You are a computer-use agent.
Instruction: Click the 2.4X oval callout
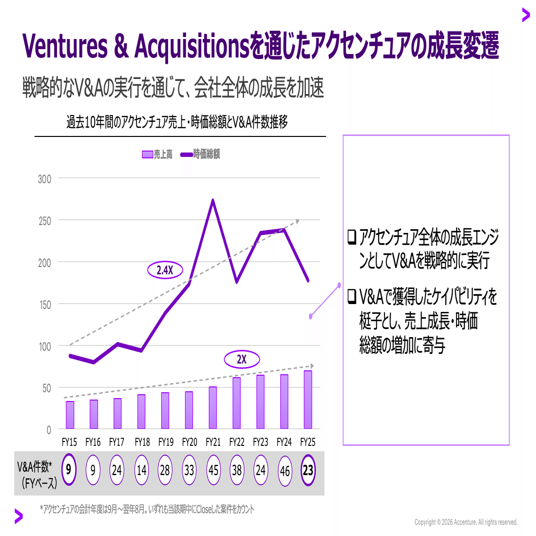(x=165, y=269)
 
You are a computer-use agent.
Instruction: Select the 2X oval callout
(x=242, y=360)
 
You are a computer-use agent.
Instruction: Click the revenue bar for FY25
(x=308, y=400)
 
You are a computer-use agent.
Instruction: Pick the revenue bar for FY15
(x=70, y=415)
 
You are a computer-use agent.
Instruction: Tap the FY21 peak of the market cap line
(x=213, y=200)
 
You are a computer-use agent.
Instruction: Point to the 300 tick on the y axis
(x=45, y=179)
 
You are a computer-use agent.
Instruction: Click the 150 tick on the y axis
(x=45, y=305)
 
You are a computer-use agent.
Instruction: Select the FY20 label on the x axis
(x=190, y=442)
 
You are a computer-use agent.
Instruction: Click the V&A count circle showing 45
(x=213, y=470)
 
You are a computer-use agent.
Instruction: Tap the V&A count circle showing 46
(x=285, y=471)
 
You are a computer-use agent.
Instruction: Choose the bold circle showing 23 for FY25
(x=308, y=470)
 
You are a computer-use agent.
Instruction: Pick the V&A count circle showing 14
(x=141, y=470)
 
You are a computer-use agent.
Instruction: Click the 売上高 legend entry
(x=157, y=154)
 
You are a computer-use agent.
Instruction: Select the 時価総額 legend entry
(x=200, y=154)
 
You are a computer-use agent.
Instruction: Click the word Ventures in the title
(x=65, y=46)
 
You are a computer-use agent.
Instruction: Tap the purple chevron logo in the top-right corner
(x=525, y=15)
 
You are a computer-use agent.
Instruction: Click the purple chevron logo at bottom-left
(x=19, y=516)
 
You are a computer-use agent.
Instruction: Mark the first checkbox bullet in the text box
(x=352, y=237)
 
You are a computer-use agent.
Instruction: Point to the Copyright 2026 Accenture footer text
(x=466, y=522)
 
